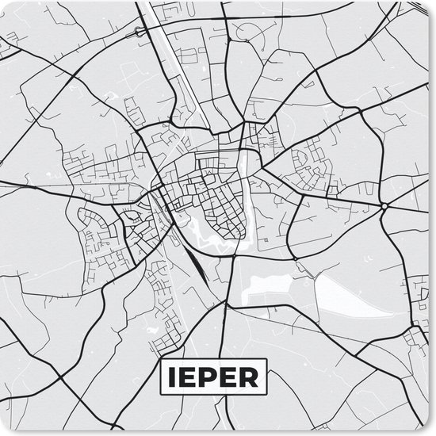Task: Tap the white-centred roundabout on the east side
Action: tap(384, 205)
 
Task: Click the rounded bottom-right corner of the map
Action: tap(428, 428)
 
